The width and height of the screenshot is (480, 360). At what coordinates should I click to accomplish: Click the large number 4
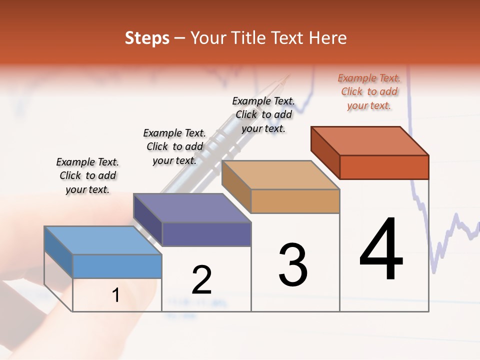pyautogui.click(x=381, y=249)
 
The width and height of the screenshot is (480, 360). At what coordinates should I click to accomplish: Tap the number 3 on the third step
pyautogui.click(x=292, y=264)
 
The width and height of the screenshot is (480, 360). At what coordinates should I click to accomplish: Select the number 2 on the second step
pyautogui.click(x=201, y=280)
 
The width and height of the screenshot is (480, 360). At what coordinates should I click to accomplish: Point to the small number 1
pyautogui.click(x=116, y=295)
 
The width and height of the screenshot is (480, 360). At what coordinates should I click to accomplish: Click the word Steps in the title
pyautogui.click(x=147, y=38)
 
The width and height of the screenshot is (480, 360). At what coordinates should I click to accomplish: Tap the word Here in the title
pyautogui.click(x=327, y=38)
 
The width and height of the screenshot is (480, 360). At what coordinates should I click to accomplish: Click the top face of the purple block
pyautogui.click(x=192, y=207)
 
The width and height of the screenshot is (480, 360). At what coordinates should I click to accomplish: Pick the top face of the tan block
pyautogui.click(x=280, y=175)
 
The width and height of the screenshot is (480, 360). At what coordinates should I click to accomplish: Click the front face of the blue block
pyautogui.click(x=117, y=266)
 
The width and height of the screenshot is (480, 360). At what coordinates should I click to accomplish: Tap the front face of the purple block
pyautogui.click(x=206, y=234)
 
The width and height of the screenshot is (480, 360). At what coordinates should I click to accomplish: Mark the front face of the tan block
pyautogui.click(x=295, y=201)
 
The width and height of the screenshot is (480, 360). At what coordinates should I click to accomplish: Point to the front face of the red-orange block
pyautogui.click(x=384, y=167)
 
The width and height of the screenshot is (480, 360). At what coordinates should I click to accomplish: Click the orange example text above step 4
pyautogui.click(x=369, y=91)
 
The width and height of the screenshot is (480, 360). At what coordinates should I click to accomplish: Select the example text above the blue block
pyautogui.click(x=87, y=175)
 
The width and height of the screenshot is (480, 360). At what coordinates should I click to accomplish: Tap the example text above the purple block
pyautogui.click(x=174, y=146)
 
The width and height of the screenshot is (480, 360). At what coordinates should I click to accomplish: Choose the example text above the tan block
pyautogui.click(x=263, y=114)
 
